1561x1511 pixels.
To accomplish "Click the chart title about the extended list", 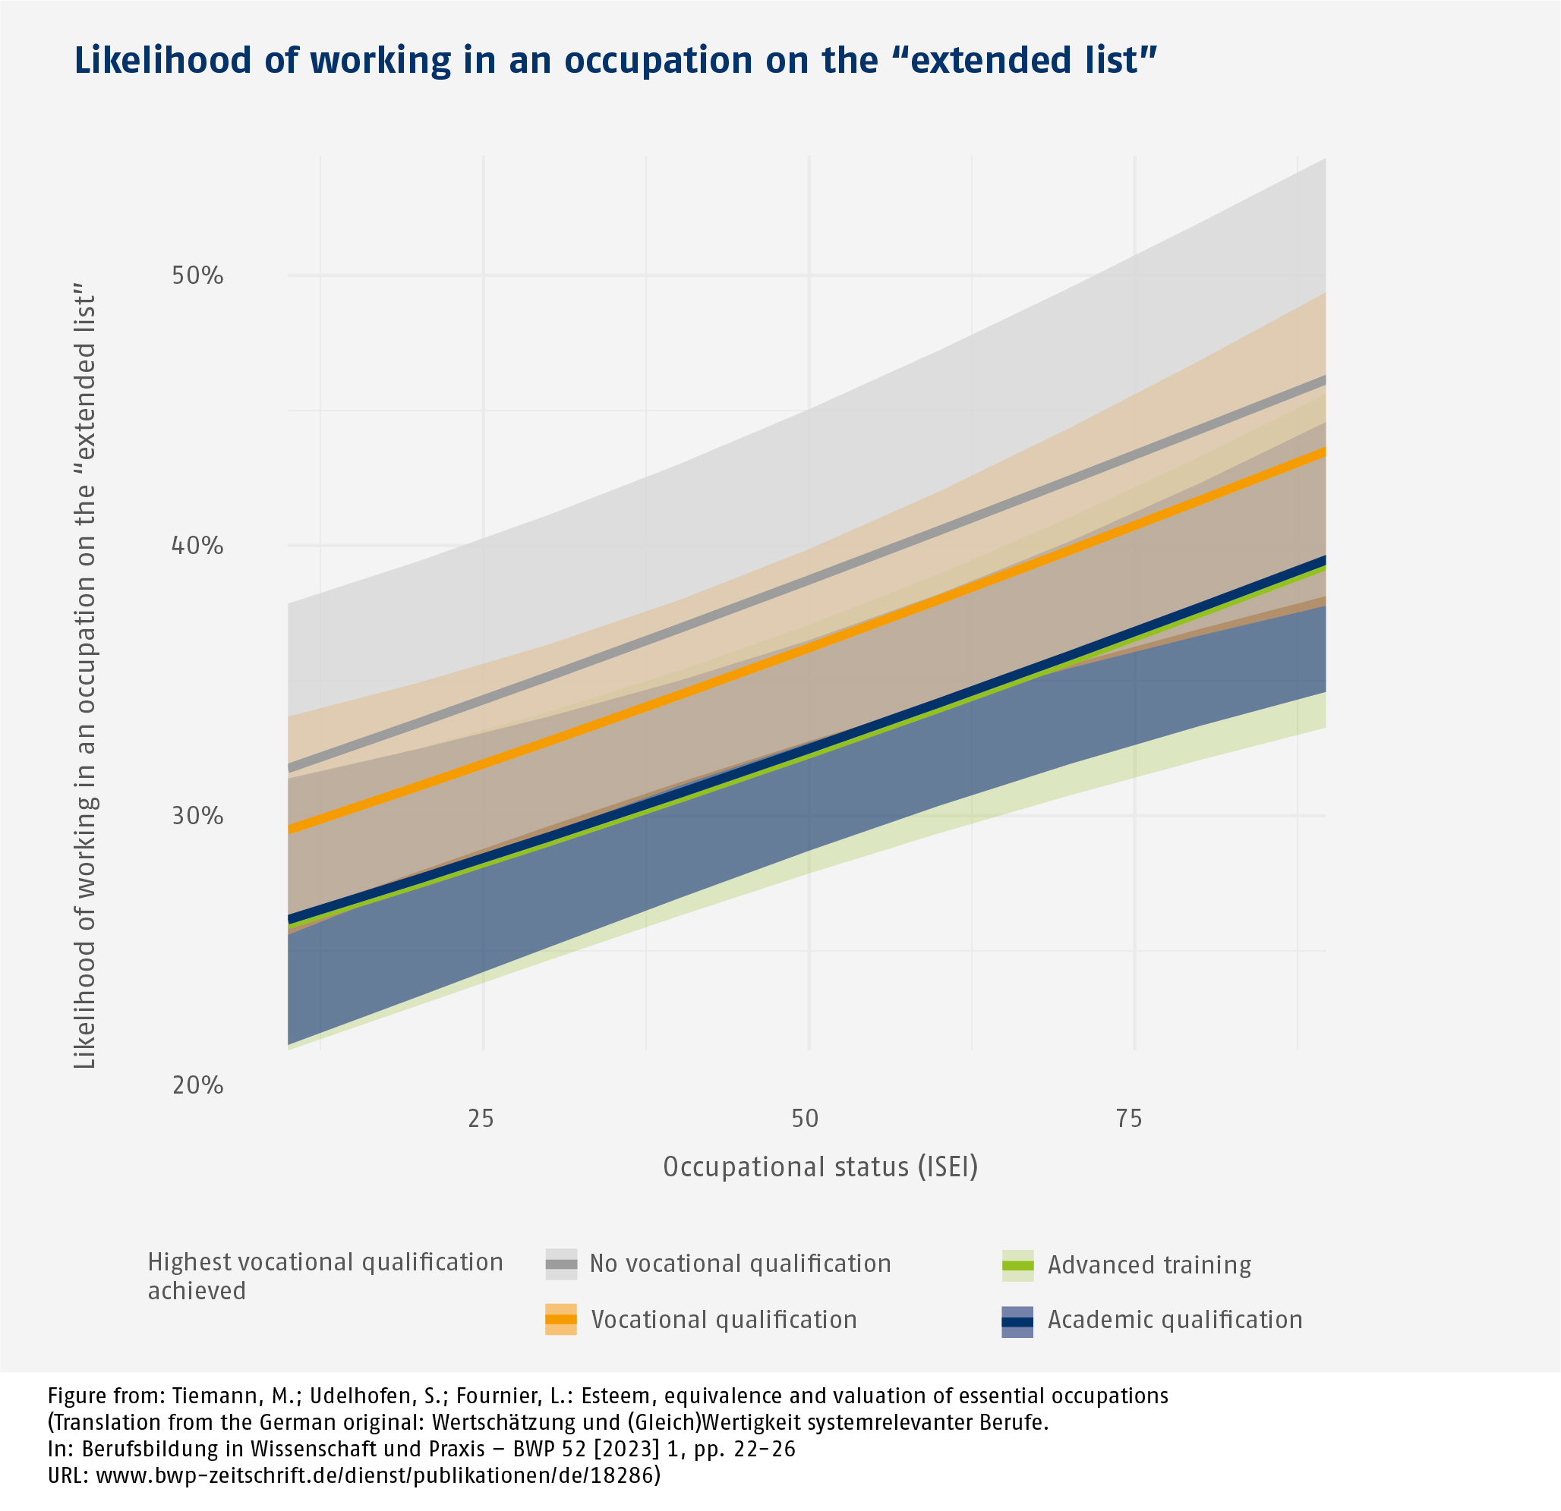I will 615,61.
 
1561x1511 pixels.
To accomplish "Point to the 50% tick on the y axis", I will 197,276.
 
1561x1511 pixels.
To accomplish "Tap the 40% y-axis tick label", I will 197,546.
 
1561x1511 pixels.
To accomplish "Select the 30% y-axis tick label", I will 197,816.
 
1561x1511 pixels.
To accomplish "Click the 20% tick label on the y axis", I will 197,1085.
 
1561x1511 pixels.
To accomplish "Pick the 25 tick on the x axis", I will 481,1119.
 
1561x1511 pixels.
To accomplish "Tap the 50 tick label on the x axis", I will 806,1119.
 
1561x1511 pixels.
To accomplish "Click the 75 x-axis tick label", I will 1129,1119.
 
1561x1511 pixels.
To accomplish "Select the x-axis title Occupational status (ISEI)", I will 820,1167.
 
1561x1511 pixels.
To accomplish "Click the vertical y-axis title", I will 84,681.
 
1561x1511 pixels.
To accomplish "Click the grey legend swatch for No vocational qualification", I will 560,1264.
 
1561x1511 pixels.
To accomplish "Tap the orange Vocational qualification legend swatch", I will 560,1319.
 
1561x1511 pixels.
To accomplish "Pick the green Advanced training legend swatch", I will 1018,1265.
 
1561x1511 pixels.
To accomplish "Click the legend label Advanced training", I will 1149,1265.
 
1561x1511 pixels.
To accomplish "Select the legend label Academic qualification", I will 1175,1320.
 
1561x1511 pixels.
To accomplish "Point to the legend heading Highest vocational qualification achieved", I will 325,1276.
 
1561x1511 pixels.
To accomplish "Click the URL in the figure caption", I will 354,1475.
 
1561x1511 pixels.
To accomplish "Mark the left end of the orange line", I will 291,829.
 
